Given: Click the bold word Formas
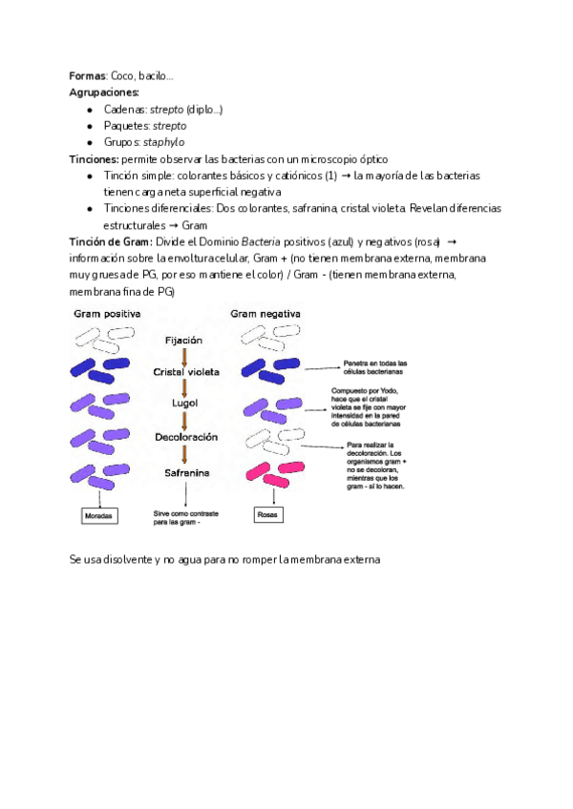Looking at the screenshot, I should tap(88, 76).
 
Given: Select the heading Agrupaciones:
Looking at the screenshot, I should tap(104, 93).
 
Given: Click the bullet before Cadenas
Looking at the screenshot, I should tap(90, 110).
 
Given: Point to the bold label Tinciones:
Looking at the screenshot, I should tap(95, 158).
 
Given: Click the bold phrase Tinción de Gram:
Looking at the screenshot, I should tap(111, 242).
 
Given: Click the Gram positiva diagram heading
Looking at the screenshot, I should tap(107, 314).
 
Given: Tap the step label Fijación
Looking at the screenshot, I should tap(183, 340).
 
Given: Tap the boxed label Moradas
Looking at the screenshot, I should tap(98, 516).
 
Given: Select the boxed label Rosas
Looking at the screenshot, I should tap(266, 516).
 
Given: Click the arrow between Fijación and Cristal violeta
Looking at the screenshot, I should tap(184, 356).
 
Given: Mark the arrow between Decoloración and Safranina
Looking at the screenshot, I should tap(184, 455).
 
